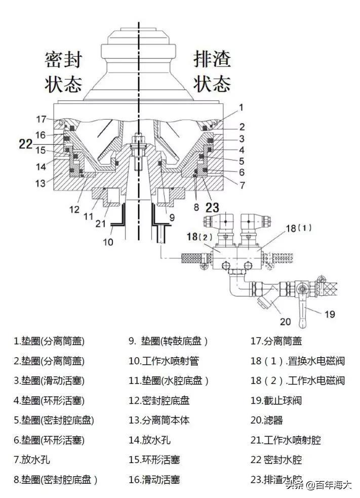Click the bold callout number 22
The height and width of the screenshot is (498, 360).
(x=26, y=144)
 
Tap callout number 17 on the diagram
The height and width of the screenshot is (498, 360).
(x=41, y=119)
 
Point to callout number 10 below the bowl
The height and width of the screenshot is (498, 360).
(x=108, y=242)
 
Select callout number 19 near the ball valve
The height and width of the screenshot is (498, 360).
(x=330, y=314)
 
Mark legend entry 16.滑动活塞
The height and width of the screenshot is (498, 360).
(x=154, y=479)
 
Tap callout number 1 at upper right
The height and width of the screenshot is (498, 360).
(x=242, y=107)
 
